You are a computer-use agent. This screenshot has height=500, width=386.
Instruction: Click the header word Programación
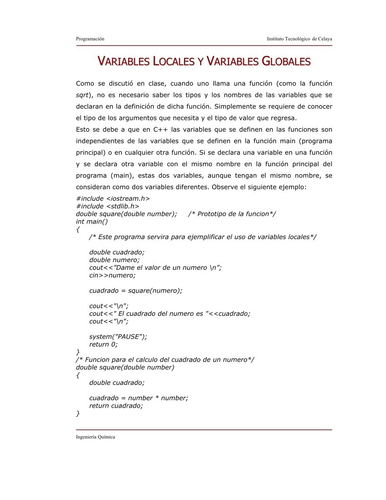click(90, 38)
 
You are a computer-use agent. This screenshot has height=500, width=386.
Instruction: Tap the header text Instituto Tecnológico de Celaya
click(299, 38)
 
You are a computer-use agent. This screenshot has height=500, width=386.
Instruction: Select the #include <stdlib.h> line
click(107, 206)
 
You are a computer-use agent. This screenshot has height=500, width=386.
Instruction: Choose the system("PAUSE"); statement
click(118, 337)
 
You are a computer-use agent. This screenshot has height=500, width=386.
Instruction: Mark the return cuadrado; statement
click(116, 406)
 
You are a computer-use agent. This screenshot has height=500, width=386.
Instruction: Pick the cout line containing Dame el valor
click(156, 268)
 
